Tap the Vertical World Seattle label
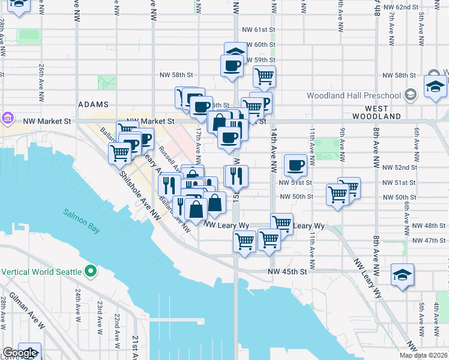click(x=41, y=272)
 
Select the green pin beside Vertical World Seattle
click(x=91, y=272)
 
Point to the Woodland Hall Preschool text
click(x=354, y=95)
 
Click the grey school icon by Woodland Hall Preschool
click(x=411, y=94)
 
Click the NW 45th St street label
click(x=288, y=271)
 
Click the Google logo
click(x=20, y=353)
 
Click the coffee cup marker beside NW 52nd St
click(x=295, y=165)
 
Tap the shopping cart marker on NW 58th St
click(x=264, y=77)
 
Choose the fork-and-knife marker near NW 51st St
click(x=236, y=175)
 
